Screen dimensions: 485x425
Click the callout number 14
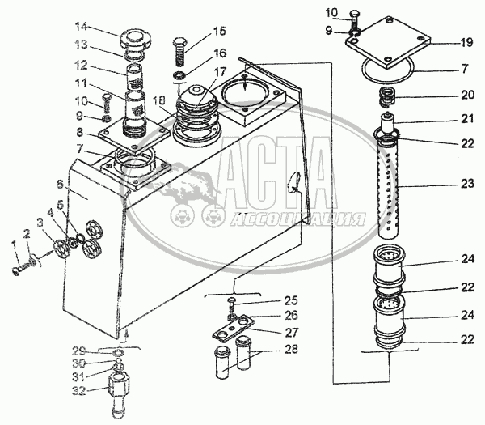[82, 27]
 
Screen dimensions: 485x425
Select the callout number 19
[466, 42]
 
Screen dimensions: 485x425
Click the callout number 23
[467, 184]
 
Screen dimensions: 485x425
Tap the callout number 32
[79, 391]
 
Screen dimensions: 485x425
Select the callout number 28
[291, 349]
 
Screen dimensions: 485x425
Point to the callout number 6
[60, 185]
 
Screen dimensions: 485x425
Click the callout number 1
[13, 245]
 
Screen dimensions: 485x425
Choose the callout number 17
[220, 72]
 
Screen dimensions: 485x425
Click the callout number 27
[291, 333]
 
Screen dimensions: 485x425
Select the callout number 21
[466, 119]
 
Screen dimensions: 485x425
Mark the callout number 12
[81, 66]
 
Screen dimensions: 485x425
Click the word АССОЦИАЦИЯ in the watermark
[298, 219]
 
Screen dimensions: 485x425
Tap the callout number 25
[291, 300]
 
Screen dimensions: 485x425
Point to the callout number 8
[80, 133]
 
